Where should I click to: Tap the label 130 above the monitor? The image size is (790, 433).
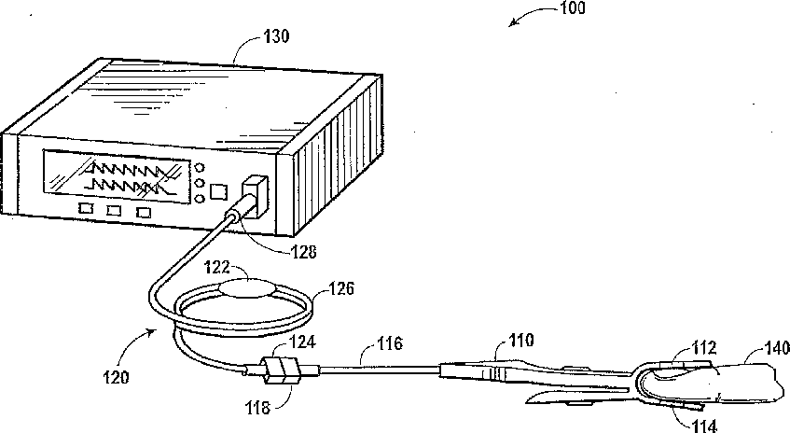[x=276, y=36]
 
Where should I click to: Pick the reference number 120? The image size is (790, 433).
[x=117, y=378]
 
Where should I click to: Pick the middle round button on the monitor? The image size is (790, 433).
[x=200, y=182]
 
